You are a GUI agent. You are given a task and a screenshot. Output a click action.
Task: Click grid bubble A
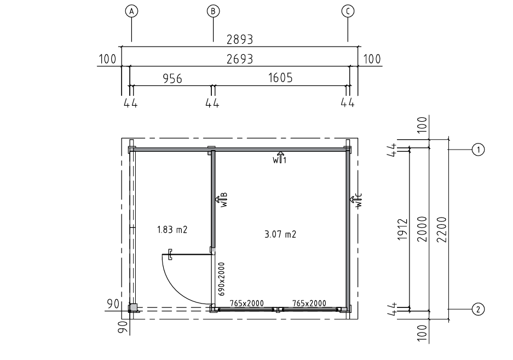(x=131, y=11)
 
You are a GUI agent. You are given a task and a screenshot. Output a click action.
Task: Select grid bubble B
(x=213, y=11)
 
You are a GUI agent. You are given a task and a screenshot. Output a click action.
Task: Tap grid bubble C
(x=348, y=11)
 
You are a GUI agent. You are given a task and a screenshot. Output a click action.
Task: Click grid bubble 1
(x=479, y=150)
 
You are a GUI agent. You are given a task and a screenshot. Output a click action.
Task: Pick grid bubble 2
(x=479, y=309)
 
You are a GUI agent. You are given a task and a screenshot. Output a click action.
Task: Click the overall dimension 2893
(x=240, y=39)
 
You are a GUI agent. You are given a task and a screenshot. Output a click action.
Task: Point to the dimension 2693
(x=240, y=59)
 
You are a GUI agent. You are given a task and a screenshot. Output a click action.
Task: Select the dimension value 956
(x=172, y=78)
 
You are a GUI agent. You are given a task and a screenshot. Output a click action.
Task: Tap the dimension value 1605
(x=280, y=78)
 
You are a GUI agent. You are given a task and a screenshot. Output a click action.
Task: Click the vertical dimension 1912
(x=403, y=229)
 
